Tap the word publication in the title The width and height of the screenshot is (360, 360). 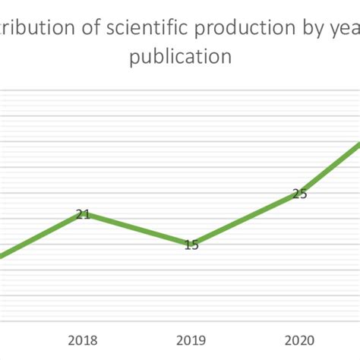(180, 58)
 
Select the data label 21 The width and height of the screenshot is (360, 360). (83, 214)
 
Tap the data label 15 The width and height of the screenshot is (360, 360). (191, 245)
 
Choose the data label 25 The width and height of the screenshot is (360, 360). (300, 194)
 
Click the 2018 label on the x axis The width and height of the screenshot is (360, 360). (83, 340)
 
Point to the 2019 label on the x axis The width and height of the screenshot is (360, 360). (191, 340)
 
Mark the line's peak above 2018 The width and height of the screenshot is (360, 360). (83, 214)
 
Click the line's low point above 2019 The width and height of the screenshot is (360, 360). (189, 244)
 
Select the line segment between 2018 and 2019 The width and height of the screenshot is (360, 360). (137, 229)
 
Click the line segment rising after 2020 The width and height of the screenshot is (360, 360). (330, 167)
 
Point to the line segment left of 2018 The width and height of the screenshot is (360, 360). (38, 237)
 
